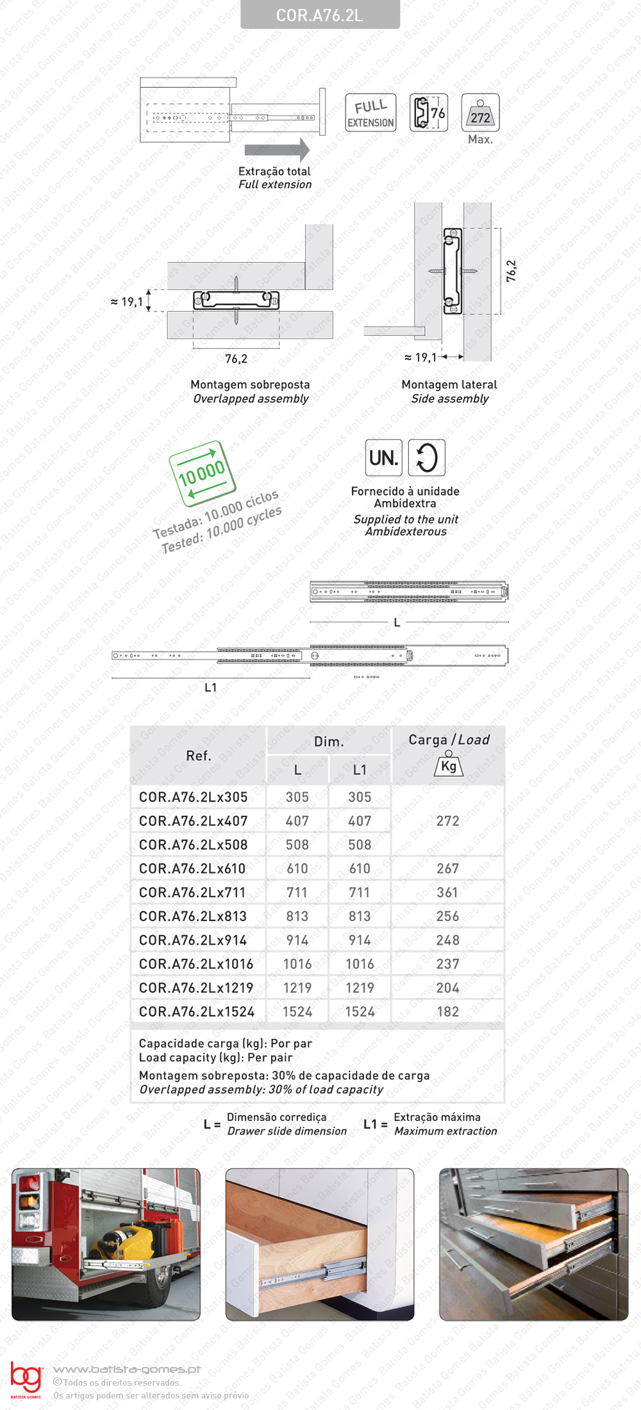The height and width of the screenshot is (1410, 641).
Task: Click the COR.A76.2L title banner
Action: tap(320, 15)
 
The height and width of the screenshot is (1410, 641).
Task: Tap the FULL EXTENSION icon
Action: tap(370, 113)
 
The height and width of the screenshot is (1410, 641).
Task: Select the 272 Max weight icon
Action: tap(480, 113)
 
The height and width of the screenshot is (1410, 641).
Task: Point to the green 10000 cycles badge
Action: tap(201, 474)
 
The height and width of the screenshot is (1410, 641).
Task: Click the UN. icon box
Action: tap(383, 458)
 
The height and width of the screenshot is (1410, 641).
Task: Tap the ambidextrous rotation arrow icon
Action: tap(427, 458)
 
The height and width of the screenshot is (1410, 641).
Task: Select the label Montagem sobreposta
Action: tap(250, 385)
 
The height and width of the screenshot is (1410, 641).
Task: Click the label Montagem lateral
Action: tap(449, 385)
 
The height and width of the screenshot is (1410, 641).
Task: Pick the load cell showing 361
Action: tap(447, 892)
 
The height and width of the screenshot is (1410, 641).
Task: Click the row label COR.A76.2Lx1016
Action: tap(196, 964)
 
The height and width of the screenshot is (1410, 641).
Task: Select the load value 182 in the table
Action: tap(447, 1011)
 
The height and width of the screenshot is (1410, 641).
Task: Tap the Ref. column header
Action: tap(198, 756)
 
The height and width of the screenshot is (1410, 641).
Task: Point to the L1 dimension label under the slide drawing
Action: tap(210, 688)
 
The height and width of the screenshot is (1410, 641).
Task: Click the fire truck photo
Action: tap(106, 1244)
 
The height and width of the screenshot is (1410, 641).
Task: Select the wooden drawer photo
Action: tap(319, 1244)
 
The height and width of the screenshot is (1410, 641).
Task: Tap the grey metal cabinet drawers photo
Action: tap(533, 1244)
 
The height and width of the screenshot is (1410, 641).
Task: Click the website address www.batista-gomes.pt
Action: tap(127, 1369)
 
